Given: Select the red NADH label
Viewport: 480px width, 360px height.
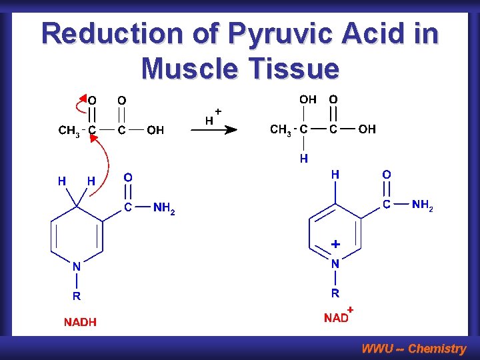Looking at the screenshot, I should coord(80,322).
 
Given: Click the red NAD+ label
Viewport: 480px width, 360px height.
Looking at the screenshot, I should coord(338,317).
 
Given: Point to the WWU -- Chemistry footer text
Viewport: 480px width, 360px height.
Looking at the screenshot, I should coord(413,348).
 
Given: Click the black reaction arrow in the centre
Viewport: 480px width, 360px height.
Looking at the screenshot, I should coord(214,131).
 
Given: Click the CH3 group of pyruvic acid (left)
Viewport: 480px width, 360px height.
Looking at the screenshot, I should coord(69,131).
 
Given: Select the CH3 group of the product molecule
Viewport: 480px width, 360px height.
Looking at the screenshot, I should coord(281,129).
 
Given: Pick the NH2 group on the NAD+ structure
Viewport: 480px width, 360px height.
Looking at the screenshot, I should coord(423,205).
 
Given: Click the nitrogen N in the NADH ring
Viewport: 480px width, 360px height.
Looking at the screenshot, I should coord(77,266).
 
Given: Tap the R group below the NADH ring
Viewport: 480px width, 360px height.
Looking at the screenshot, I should coord(77,296).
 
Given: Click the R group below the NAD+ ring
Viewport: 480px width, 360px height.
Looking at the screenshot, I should coord(335,293).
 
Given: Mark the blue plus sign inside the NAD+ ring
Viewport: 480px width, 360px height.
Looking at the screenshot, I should coord(336,244).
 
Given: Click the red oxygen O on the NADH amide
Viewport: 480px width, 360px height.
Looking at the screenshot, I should coord(128,177).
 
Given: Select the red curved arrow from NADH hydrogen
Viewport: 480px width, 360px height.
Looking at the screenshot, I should coord(107,167).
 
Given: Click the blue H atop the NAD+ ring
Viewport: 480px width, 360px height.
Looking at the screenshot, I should coord(335,174).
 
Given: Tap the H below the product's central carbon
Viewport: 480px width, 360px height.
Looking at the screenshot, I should coord(304,159).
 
